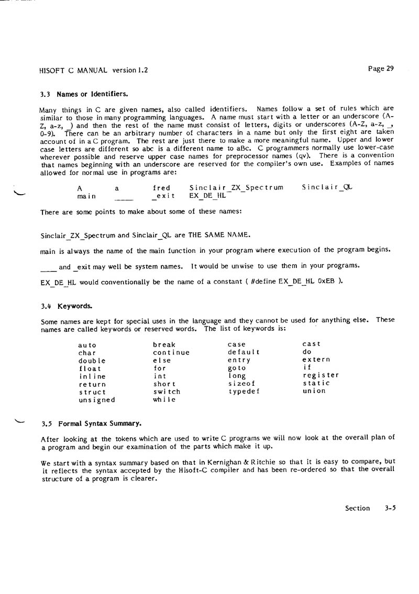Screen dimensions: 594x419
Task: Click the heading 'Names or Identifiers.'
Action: pos(92,94)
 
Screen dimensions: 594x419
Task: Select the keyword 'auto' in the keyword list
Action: pos(87,345)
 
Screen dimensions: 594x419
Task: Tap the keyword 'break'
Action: pos(164,345)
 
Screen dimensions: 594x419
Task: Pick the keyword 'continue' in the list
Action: pos(171,353)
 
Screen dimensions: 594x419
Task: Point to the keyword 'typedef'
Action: pos(244,391)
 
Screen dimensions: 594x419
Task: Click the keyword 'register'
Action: pos(321,375)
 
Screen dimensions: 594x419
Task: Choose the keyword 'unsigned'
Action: pos(96,400)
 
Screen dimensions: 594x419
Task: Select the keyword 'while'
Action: pos(164,400)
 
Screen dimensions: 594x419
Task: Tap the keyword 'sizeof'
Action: pos(242,384)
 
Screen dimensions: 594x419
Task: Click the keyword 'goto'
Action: pos(237,368)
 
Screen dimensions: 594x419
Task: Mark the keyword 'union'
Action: pos(314,391)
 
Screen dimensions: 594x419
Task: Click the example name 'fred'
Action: pos(161,188)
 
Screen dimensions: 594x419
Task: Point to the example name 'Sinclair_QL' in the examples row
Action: pos(327,187)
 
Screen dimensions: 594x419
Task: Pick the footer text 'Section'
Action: pos(357,508)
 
